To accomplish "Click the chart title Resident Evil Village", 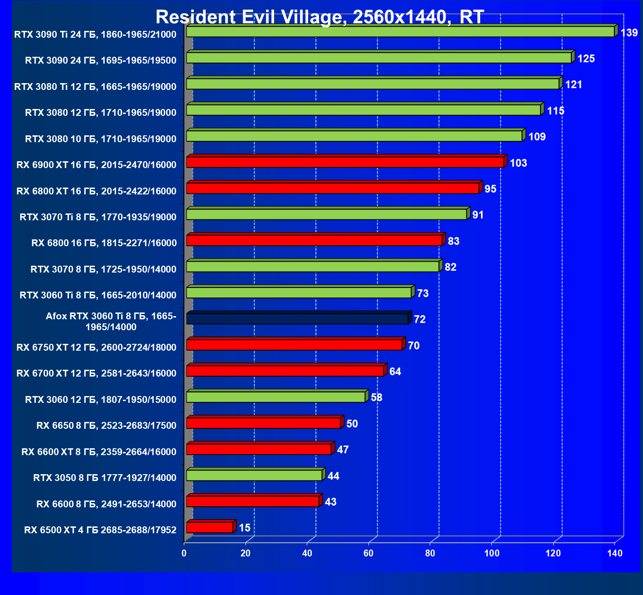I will (x=320, y=17).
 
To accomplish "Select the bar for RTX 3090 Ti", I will (x=400, y=32).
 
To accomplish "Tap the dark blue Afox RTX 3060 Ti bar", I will (x=297, y=319).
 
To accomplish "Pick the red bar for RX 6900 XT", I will (x=345, y=162).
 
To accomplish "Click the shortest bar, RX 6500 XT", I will (x=210, y=527).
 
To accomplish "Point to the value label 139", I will (x=629, y=33).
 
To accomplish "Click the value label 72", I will (x=420, y=320).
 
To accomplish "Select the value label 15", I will (x=245, y=528).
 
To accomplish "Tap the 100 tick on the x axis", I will (x=492, y=553).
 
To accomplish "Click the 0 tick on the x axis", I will (x=184, y=553).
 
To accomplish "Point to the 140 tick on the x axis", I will (x=615, y=553).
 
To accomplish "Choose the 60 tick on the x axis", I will (x=368, y=553).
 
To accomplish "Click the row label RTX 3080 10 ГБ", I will (x=101, y=139).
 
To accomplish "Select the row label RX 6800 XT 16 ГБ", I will (x=96, y=191).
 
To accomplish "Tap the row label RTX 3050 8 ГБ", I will (x=105, y=478).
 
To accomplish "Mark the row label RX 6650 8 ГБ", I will (x=106, y=426).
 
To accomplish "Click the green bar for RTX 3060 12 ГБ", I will (x=276, y=397).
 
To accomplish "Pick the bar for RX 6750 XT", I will (x=294, y=345).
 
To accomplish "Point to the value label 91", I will (x=478, y=215).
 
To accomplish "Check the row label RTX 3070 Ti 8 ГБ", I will (x=98, y=217).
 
